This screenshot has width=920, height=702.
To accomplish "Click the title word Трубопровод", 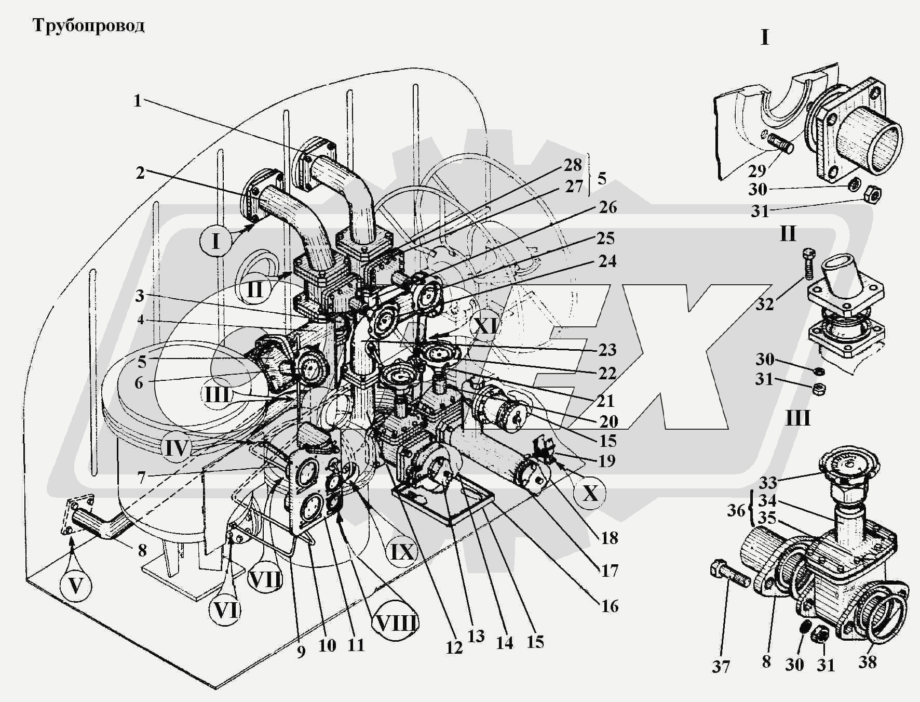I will [89, 25].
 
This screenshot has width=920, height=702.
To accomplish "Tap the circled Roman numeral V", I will [76, 586].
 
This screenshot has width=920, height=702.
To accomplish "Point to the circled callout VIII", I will [396, 622].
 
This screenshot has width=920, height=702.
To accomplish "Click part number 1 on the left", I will [138, 100].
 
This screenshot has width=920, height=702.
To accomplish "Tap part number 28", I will [573, 165].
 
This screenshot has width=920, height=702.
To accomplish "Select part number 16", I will [610, 606].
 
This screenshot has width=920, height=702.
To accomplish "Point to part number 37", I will [721, 667].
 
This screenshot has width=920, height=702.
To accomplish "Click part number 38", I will [867, 661].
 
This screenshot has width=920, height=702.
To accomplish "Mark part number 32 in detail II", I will [764, 304].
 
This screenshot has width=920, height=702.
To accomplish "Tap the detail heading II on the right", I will [788, 234].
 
